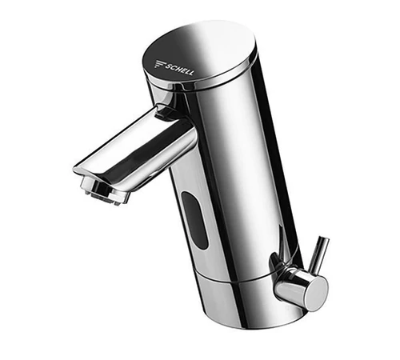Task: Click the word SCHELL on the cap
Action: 179,69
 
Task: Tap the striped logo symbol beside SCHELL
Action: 160,64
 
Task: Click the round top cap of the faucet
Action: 198,55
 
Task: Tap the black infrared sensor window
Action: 194,220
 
